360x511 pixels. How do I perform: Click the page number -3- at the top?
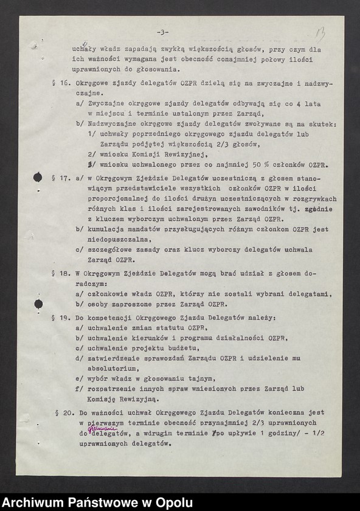pyautogui.click(x=162, y=32)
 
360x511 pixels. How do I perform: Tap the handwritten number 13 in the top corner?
pyautogui.click(x=320, y=33)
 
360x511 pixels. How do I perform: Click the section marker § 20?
pyautogui.click(x=64, y=413)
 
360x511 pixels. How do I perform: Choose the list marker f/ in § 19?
pyautogui.click(x=78, y=389)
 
